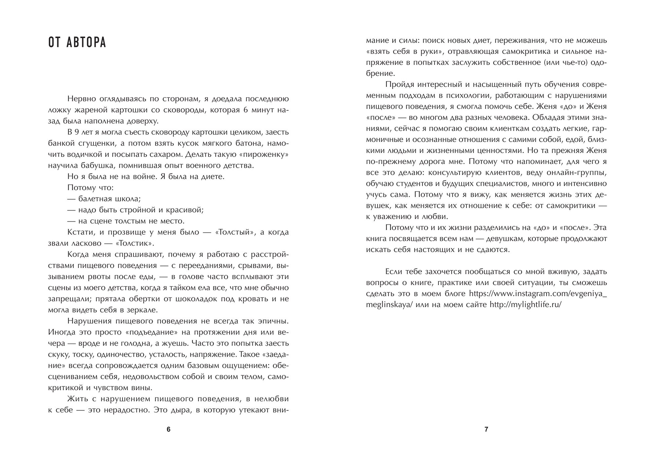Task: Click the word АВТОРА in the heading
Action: pyautogui.click(x=87, y=43)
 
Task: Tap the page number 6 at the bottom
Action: pyautogui.click(x=169, y=430)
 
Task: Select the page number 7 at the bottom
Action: pyautogui.click(x=486, y=430)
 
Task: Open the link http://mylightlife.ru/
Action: pyautogui.click(x=525, y=305)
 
